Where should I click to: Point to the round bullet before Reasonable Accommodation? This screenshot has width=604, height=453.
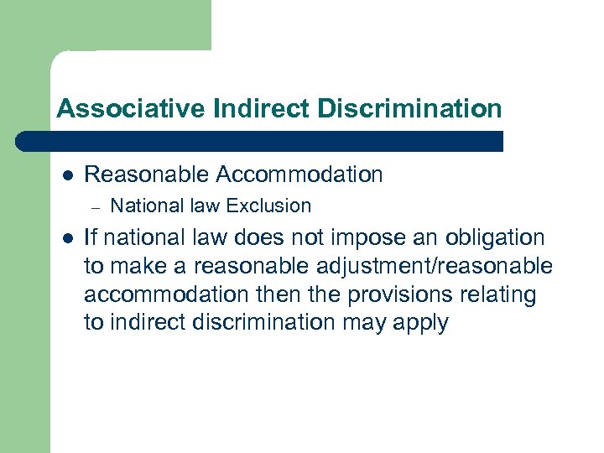[x=67, y=174]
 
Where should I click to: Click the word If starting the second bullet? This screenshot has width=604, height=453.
[x=92, y=238]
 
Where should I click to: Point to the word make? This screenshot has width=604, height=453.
[x=138, y=267]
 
